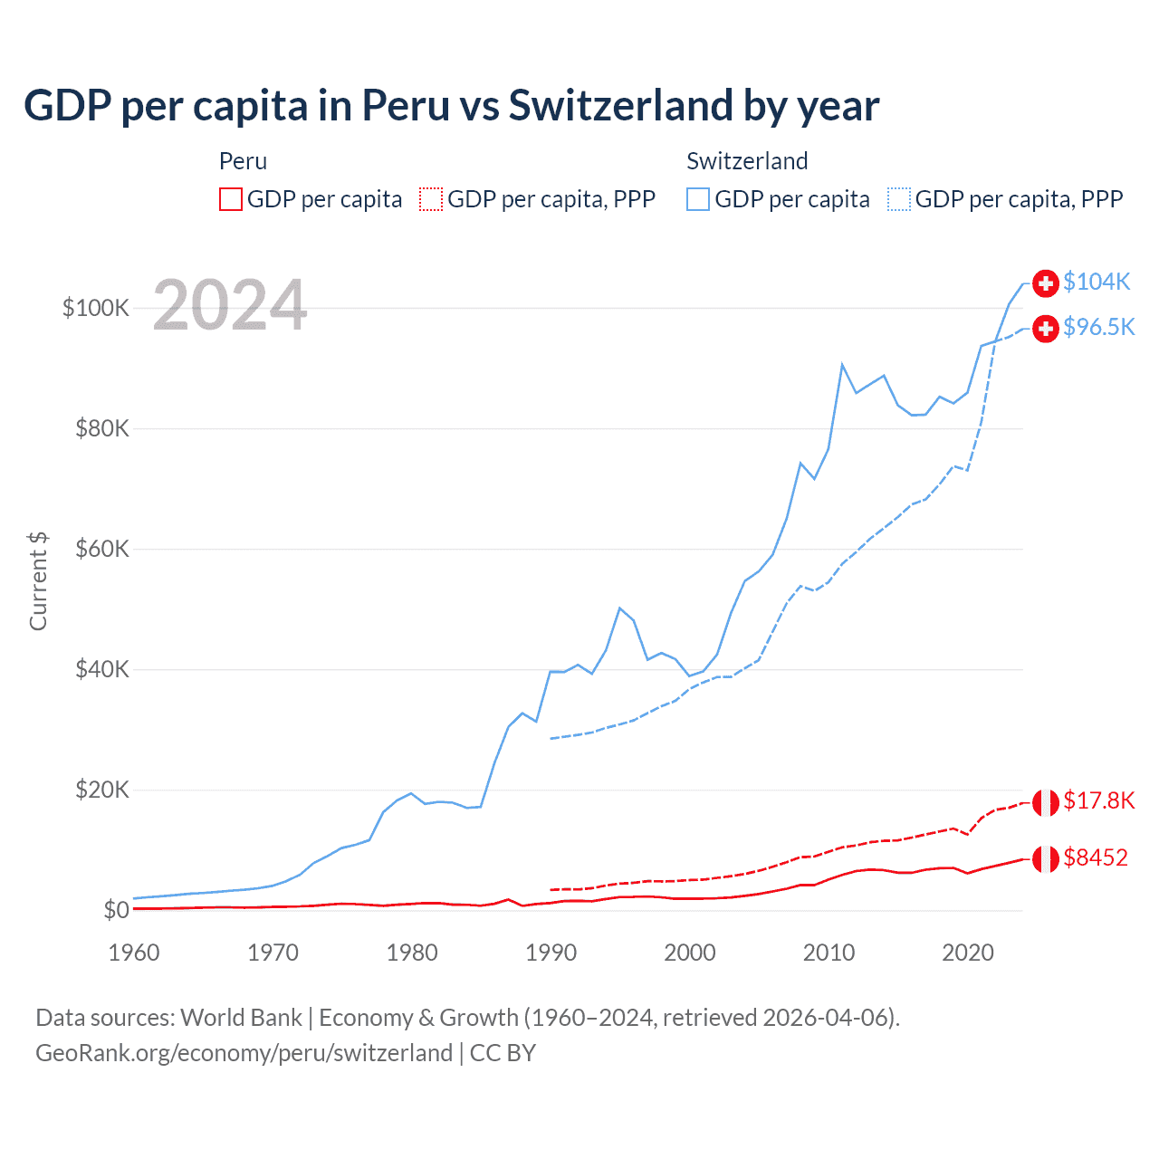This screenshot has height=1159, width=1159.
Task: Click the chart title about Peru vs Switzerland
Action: click(451, 105)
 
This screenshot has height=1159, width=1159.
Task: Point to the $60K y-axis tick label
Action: click(102, 549)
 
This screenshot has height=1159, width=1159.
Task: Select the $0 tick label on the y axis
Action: click(116, 910)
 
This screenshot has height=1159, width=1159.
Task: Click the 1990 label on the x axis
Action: click(551, 953)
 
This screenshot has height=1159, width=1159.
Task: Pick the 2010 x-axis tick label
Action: click(829, 953)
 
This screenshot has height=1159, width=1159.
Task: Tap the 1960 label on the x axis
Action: click(134, 953)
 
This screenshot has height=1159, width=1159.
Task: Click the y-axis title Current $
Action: click(38, 580)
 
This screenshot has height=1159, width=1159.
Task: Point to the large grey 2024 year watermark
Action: click(230, 305)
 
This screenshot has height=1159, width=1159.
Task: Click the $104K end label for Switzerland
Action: click(1097, 282)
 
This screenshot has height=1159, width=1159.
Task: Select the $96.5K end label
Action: click(1098, 327)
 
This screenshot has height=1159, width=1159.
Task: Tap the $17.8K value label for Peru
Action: click(1098, 800)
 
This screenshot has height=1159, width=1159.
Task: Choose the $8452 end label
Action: click(1096, 857)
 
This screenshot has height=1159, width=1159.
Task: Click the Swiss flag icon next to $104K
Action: click(1046, 283)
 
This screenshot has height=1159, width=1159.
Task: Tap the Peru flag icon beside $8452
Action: click(1046, 858)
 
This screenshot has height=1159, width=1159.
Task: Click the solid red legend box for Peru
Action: click(231, 199)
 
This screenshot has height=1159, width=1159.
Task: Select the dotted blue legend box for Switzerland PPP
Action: click(899, 199)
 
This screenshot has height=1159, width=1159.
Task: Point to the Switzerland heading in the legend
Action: click(747, 161)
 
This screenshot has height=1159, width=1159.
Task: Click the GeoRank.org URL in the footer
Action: click(244, 1053)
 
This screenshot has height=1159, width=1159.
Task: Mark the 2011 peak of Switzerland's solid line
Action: click(842, 365)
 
